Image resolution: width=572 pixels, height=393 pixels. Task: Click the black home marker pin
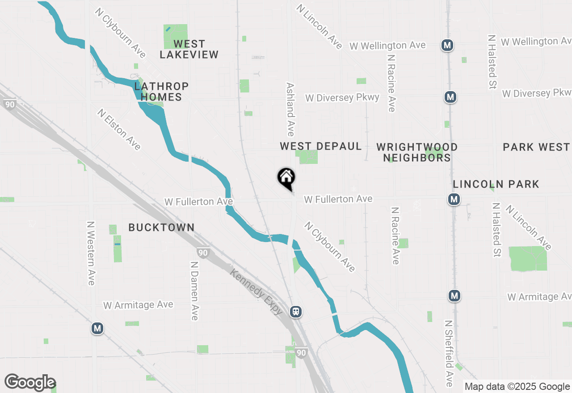[286, 178]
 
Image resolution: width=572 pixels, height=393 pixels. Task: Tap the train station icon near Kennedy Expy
[295, 312]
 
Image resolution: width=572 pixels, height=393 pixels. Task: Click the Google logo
[30, 382]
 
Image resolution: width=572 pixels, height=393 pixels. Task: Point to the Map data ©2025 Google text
[517, 387]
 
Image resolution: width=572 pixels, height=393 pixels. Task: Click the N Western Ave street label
[91, 253]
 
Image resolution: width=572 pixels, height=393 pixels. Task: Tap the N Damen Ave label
[194, 291]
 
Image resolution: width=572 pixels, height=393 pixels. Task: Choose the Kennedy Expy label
[257, 292]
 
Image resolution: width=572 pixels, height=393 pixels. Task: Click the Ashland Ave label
[290, 109]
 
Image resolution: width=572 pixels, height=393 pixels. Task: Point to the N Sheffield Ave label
[449, 353]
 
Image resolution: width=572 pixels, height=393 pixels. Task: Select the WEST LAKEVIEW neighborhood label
[189, 49]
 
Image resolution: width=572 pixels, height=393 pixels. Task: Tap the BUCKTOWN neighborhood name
[161, 227]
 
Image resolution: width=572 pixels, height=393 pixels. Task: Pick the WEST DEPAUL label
[320, 146]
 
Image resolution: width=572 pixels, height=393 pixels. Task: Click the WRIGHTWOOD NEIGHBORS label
[416, 152]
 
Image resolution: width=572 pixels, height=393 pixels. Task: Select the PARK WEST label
[536, 147]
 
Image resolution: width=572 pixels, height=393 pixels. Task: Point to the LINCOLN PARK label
[496, 184]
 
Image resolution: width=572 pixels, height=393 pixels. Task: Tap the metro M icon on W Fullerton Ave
[454, 199]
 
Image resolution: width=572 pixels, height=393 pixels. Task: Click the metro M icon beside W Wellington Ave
[447, 45]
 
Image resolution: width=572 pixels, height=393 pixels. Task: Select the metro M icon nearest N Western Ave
[97, 329]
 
